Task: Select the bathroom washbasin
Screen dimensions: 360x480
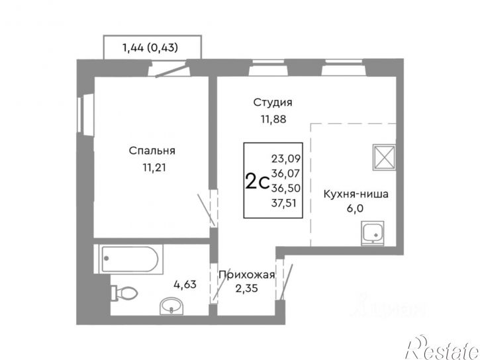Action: pyautogui.click(x=173, y=305)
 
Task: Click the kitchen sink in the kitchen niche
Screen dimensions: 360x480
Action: pyautogui.click(x=375, y=234)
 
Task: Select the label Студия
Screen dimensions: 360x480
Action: pyautogui.click(x=273, y=103)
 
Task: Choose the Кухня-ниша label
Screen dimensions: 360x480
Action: pyautogui.click(x=356, y=195)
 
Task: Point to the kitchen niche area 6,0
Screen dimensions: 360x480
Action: pyautogui.click(x=356, y=210)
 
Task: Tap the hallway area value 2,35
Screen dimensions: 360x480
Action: pyautogui.click(x=246, y=288)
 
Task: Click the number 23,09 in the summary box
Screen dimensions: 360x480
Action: pyautogui.click(x=284, y=158)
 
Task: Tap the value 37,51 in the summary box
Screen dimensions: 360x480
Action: pyautogui.click(x=284, y=202)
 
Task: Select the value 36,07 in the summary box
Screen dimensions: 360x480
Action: pyautogui.click(x=284, y=173)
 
